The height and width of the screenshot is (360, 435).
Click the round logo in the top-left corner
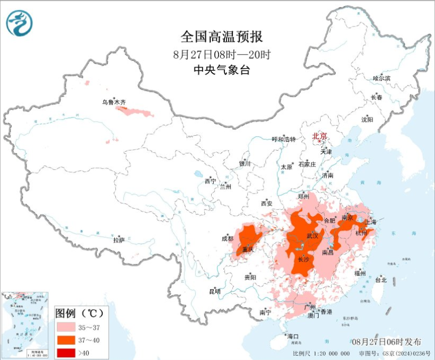[19, 23]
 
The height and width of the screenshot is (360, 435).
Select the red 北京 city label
[319, 136]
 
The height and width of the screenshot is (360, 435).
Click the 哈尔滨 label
[381, 78]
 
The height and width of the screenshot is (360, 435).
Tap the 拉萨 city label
[119, 240]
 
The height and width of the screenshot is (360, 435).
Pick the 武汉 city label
[312, 236]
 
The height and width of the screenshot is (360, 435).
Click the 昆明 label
[214, 291]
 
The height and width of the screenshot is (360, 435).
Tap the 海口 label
[293, 336]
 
